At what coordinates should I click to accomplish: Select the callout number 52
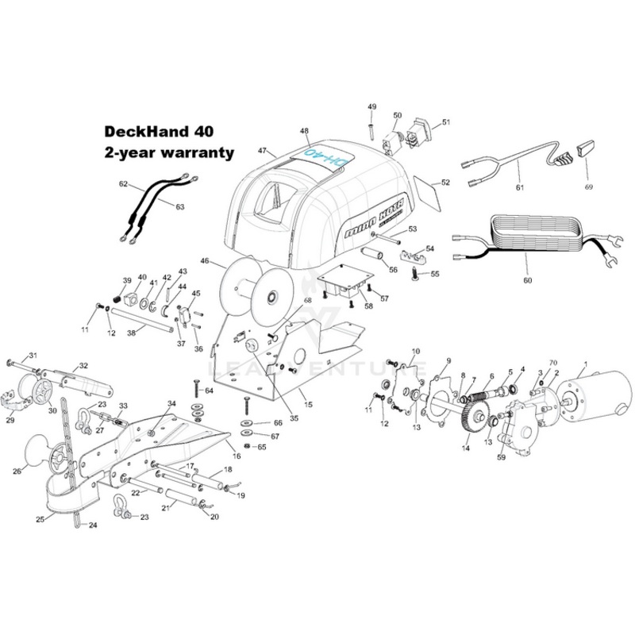click(x=445, y=182)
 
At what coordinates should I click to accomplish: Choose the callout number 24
click(x=92, y=525)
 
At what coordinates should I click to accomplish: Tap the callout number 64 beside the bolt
click(x=209, y=391)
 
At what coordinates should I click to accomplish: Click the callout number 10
click(x=414, y=351)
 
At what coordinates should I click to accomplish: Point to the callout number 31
click(x=33, y=354)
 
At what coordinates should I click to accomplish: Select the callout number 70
click(x=553, y=364)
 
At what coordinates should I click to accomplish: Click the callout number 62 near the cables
click(x=123, y=183)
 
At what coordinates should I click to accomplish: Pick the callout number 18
click(x=229, y=469)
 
